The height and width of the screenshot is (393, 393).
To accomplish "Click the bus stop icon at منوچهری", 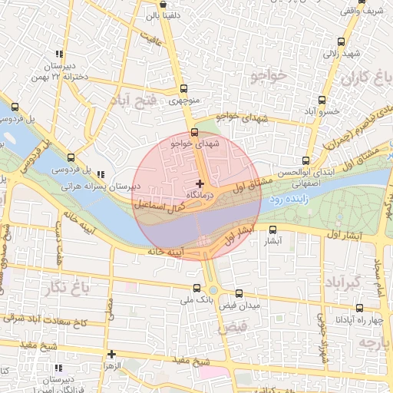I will pyautogui.click(x=183, y=88).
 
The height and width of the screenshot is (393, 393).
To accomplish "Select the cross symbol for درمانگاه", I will pyautogui.click(x=200, y=183).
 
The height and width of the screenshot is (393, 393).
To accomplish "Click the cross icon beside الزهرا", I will pyautogui.click(x=112, y=354).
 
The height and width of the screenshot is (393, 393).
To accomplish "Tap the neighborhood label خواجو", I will pyautogui.click(x=267, y=75).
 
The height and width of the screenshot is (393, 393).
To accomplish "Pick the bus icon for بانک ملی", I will pyautogui.click(x=197, y=289).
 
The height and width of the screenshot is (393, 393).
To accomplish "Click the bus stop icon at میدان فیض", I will pyautogui.click(x=239, y=293).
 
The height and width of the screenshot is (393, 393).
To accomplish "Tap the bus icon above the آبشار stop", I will pyautogui.click(x=272, y=229).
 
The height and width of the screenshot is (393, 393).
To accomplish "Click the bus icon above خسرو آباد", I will pyautogui.click(x=322, y=100).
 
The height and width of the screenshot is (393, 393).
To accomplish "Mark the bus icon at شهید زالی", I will pyautogui.click(x=341, y=41).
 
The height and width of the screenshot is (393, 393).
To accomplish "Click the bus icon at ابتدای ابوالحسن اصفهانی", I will pyautogui.click(x=306, y=161).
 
